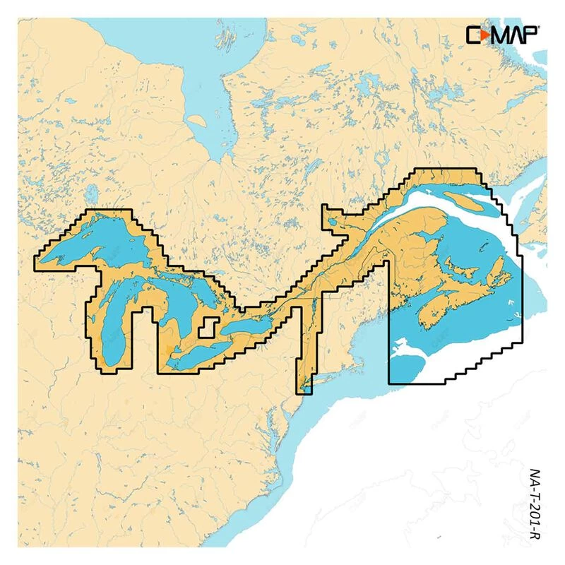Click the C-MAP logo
[x=502, y=33]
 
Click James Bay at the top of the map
[x=205, y=92]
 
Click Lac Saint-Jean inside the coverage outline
[x=333, y=222]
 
